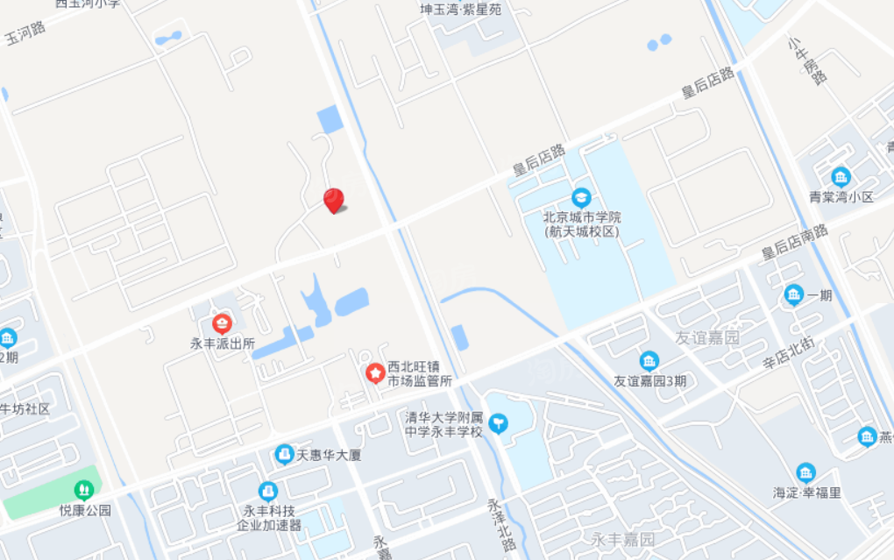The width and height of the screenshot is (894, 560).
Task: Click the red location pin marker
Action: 333,200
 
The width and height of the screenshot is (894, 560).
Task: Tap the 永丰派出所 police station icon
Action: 222,323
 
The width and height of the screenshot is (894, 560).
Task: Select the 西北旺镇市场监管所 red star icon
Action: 375,374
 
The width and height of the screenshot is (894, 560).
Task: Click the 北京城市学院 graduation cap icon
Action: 580,198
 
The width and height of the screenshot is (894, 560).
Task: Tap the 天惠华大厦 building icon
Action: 284,454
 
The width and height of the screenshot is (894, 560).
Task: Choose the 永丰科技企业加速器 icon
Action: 268,492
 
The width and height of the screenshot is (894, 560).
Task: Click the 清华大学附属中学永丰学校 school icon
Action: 498,424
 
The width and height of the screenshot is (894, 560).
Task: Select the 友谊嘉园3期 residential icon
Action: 649,360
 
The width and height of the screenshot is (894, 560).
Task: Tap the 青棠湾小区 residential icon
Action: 841,176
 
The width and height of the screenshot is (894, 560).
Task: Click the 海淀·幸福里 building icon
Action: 805,472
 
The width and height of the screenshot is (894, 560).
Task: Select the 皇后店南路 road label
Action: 794,242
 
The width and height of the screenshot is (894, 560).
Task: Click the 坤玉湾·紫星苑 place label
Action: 461,11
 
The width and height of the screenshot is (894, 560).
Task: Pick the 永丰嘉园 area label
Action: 622,538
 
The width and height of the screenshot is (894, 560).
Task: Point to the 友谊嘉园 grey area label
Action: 707,337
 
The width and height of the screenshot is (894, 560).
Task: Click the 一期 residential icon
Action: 794,295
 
